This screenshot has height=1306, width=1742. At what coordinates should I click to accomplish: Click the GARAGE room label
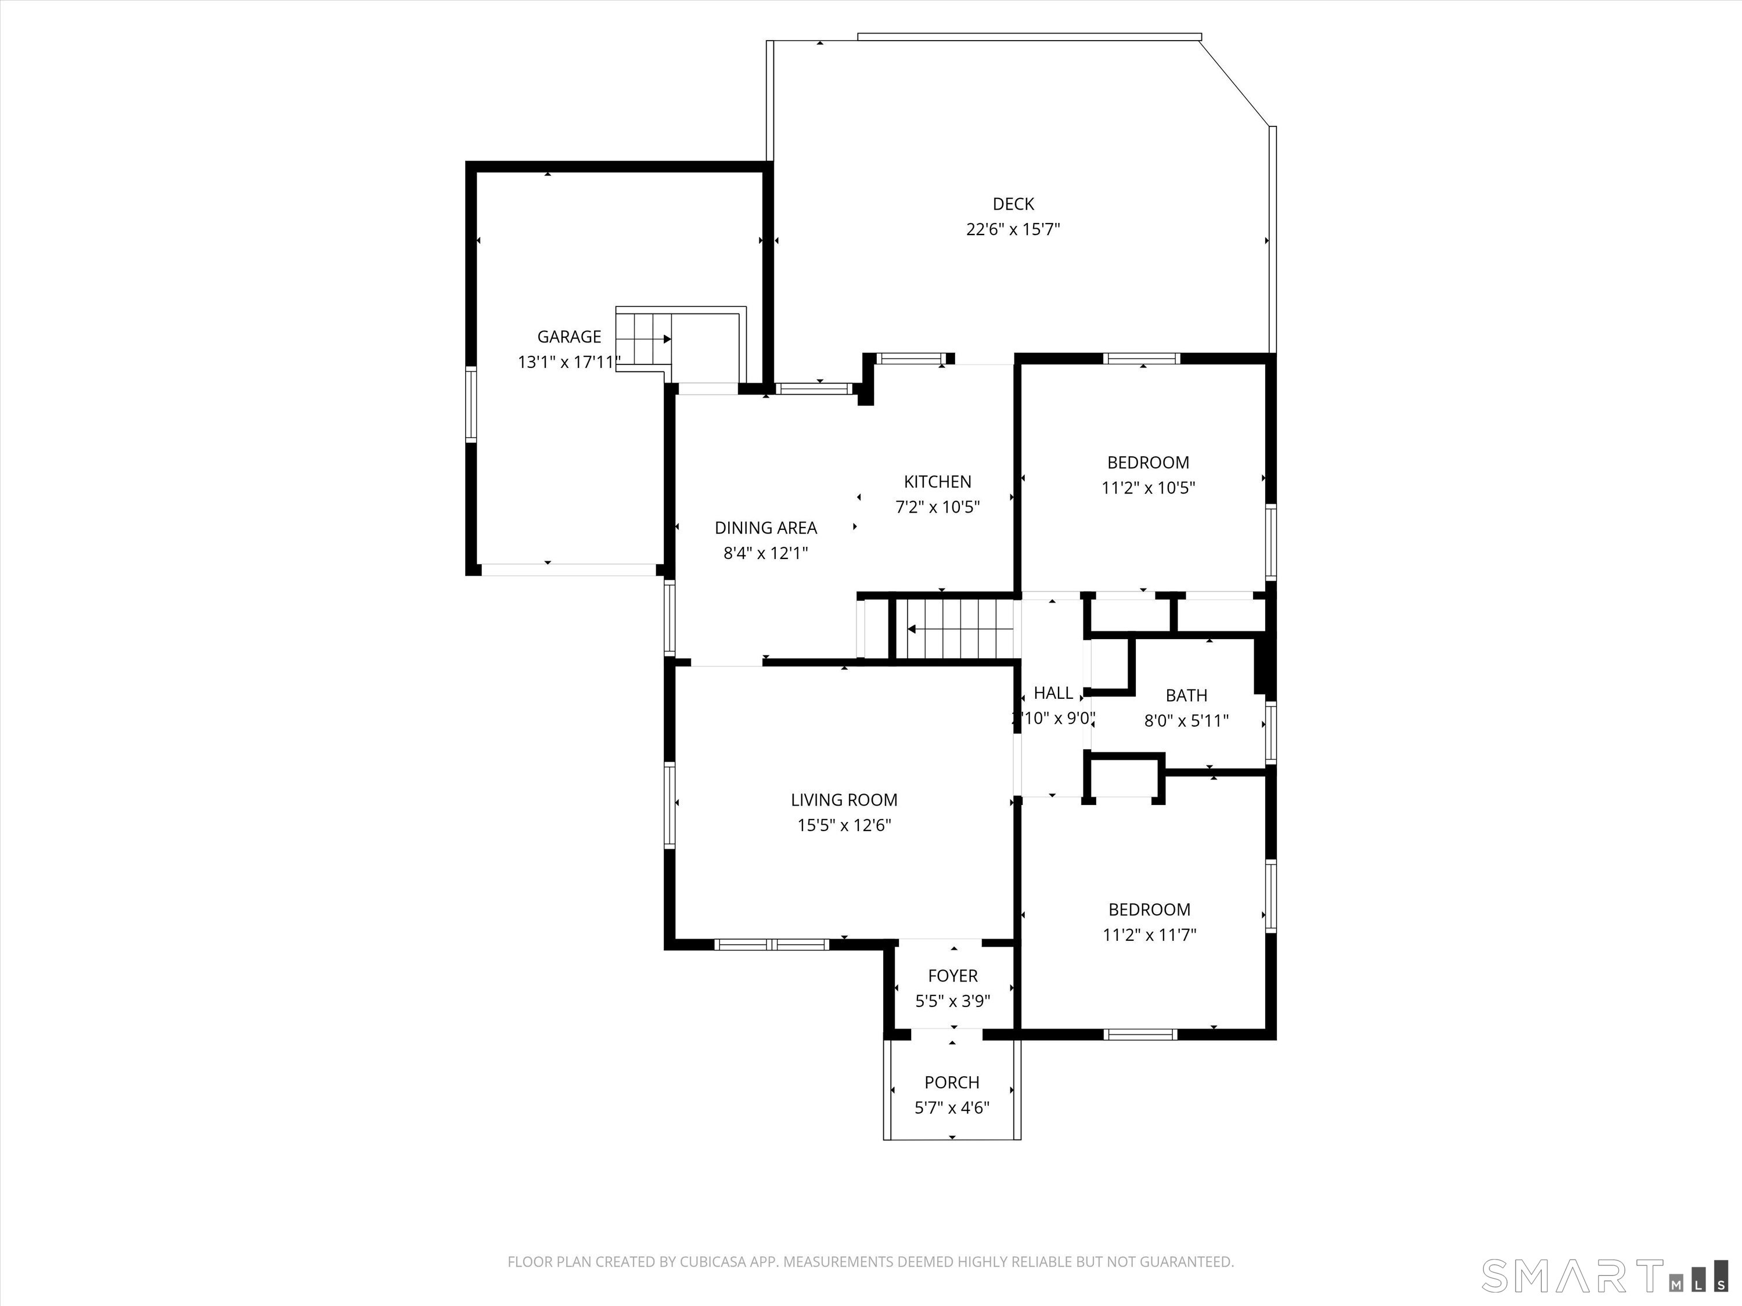568,337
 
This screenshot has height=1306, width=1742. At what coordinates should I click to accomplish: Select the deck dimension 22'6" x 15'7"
1013,230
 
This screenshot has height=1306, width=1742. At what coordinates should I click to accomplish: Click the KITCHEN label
937,482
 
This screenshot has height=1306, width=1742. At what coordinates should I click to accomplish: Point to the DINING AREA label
765,528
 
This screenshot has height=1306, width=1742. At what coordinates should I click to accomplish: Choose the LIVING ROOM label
844,800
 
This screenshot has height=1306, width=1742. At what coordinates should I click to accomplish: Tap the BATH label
1186,696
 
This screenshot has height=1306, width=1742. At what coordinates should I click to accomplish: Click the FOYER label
952,976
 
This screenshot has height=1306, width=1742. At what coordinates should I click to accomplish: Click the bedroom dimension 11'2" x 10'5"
1147,488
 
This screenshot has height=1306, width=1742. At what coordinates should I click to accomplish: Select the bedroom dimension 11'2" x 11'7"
1149,935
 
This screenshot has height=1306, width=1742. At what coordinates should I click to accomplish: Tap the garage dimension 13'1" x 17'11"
568,362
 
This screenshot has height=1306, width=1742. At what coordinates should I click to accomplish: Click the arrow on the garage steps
644,340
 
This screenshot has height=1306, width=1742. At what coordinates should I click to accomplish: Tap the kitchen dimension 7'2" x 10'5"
937,507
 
